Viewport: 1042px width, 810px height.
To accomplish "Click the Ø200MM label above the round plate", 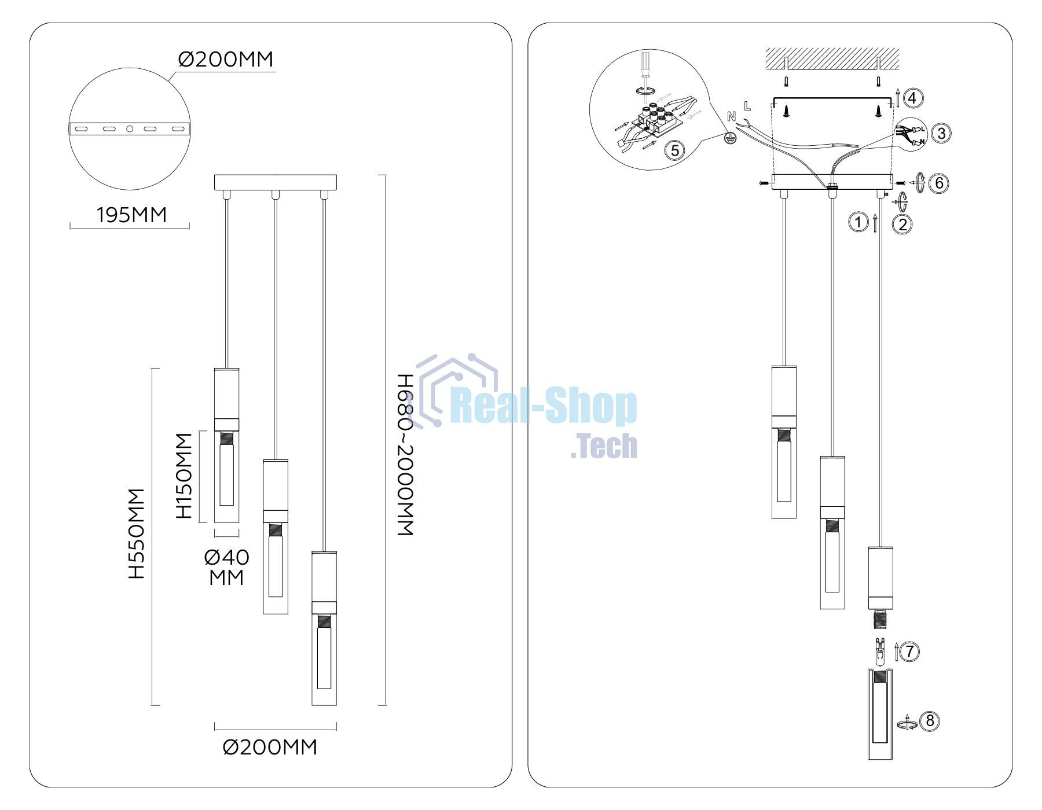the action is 226,59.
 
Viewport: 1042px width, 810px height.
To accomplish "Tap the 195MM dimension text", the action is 131,215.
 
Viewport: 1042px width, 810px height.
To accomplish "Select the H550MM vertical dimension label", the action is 137,533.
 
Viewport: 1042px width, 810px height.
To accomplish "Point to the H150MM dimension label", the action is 184,476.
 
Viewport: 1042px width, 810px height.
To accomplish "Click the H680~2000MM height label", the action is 405,455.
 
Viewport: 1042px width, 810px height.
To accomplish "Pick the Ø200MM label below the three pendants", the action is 270,748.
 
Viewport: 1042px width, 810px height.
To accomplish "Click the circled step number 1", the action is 858,222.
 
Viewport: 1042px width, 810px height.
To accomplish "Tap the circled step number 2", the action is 902,224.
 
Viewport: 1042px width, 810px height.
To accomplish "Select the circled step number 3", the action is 941,134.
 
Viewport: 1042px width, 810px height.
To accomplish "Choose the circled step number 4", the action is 913,98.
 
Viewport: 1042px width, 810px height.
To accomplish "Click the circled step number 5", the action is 674,151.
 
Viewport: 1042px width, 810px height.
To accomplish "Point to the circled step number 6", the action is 939,183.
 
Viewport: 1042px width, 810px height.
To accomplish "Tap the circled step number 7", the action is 909,652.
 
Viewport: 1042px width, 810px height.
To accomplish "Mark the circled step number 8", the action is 930,721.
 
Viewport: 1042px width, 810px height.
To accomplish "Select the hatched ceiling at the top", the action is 832,59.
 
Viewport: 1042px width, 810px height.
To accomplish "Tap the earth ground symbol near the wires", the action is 731,138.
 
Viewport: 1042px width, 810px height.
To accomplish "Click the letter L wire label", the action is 747,106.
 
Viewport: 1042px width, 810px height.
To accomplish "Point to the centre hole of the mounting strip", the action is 130,129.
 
